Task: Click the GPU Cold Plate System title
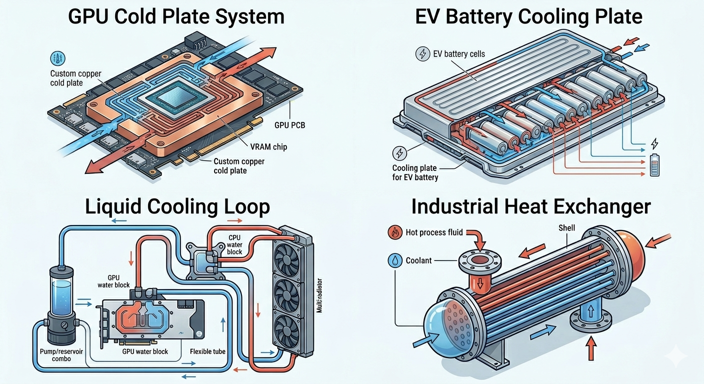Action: (x=176, y=16)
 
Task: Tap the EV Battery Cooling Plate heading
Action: (x=528, y=16)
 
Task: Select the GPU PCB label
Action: (x=290, y=125)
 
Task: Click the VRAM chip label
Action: (x=268, y=146)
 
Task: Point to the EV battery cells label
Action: (x=459, y=54)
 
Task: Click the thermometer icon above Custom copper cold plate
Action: (x=58, y=59)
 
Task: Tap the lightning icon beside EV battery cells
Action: (x=422, y=53)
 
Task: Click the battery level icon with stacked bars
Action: (x=654, y=165)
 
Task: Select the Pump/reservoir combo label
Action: (x=61, y=355)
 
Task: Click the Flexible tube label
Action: (x=207, y=351)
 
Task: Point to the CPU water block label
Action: (x=235, y=245)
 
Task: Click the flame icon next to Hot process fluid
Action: (x=395, y=232)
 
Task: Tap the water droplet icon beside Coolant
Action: (x=395, y=260)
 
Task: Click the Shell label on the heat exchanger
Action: (x=566, y=228)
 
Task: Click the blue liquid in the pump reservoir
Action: (x=61, y=297)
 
